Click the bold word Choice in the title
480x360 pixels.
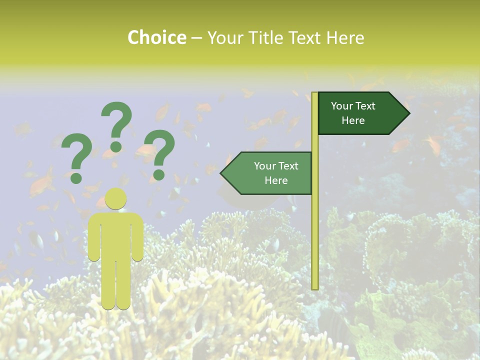(156, 37)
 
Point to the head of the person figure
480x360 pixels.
(115, 199)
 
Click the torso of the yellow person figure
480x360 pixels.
(115, 235)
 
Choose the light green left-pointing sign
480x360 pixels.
(270, 173)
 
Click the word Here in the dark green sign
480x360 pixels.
(353, 120)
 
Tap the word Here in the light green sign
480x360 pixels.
(276, 180)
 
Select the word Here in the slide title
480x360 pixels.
(345, 37)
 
